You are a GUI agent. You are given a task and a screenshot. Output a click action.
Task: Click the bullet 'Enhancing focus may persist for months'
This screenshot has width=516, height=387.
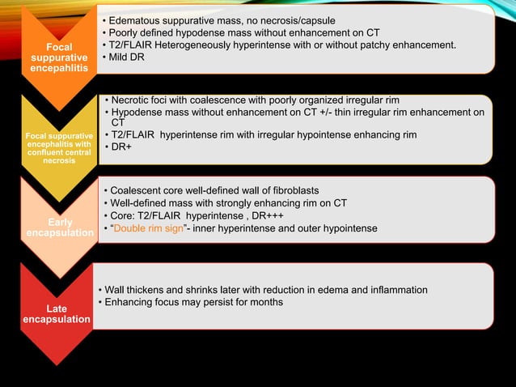tap(191, 302)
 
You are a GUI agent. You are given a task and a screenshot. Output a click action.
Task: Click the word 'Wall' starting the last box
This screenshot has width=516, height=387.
tap(114, 290)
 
